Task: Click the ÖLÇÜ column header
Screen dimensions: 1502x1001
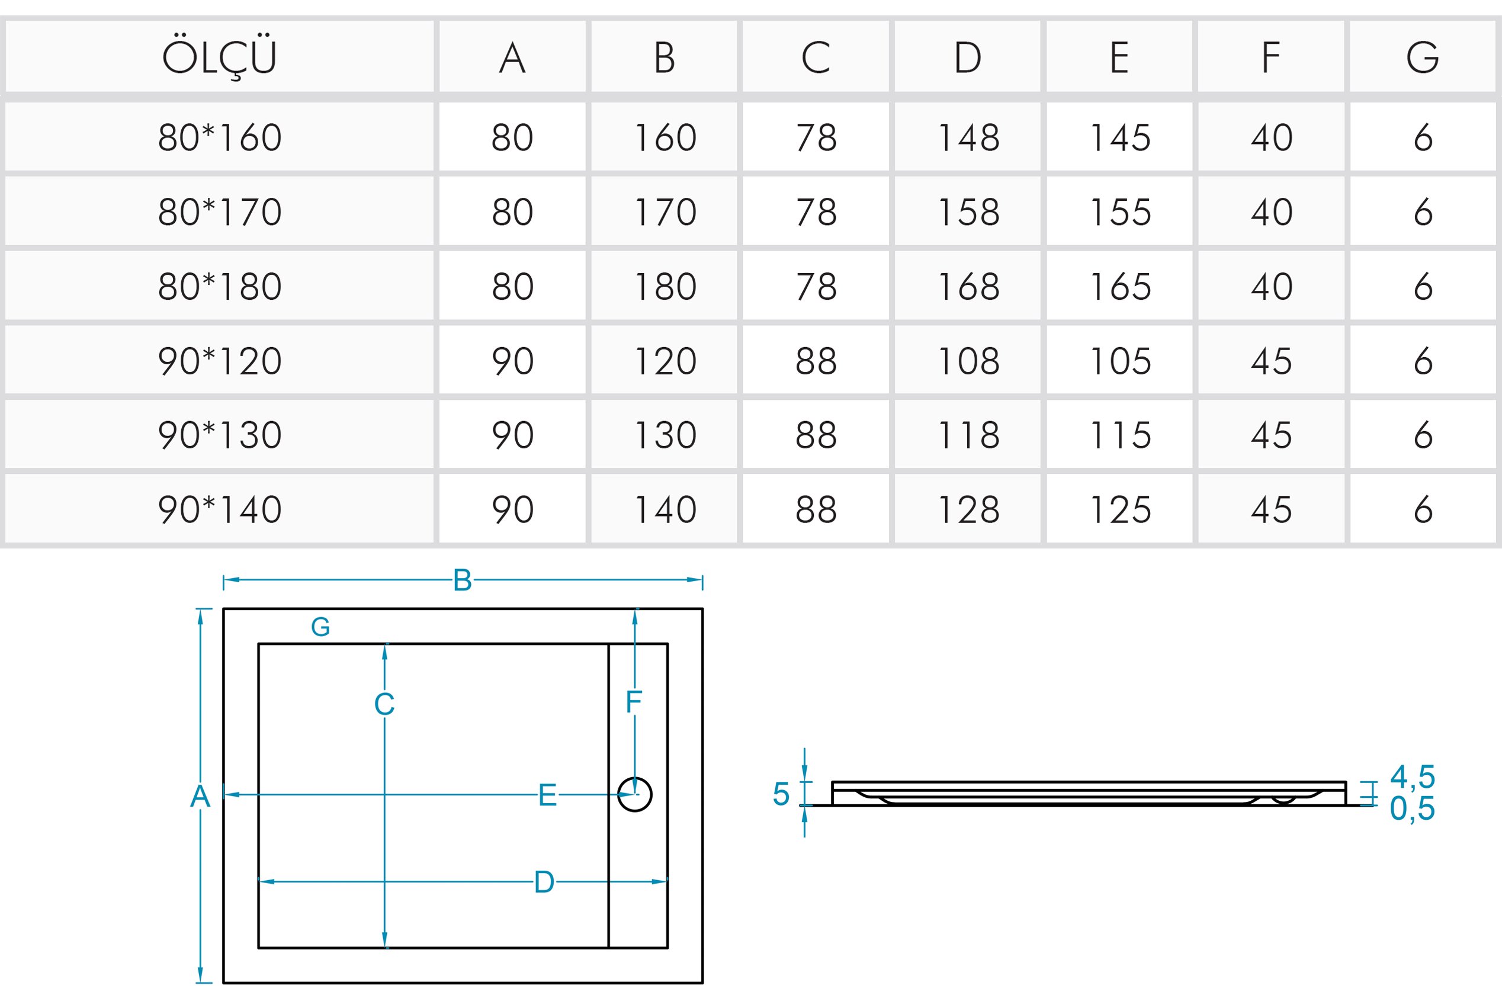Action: [219, 57]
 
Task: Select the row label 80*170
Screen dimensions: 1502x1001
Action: [220, 212]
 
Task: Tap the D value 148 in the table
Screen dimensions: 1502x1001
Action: [968, 137]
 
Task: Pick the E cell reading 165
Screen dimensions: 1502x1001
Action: [1120, 287]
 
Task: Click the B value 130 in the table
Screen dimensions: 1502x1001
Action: [665, 435]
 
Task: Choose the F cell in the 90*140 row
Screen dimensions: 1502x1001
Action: [1272, 510]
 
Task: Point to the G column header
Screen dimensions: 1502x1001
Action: [1423, 57]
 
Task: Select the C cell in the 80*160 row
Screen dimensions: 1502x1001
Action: [816, 137]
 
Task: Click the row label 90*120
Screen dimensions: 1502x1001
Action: [220, 361]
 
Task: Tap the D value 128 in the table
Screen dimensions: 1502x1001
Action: [968, 510]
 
